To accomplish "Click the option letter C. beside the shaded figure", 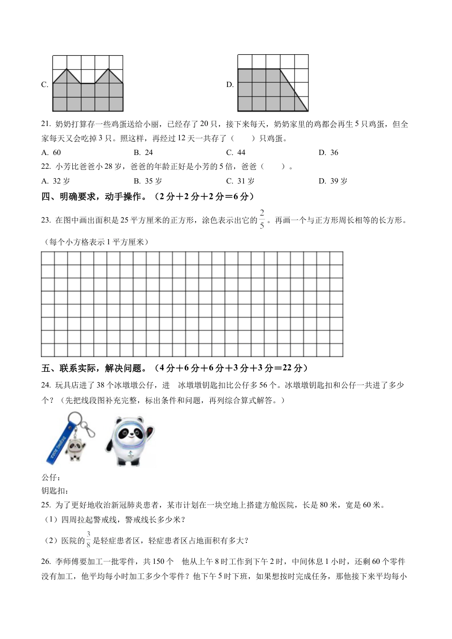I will pos(45,85).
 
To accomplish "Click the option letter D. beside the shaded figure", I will pos(230,85).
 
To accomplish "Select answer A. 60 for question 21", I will pos(51,153).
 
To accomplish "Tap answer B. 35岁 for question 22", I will pos(147,181).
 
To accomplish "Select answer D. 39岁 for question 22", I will pos(333,181).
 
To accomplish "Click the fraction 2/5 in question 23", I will pos(262,219).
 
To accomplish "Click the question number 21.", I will pos(46,125).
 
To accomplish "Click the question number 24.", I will pos(46,385).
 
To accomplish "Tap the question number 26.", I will pos(46,562).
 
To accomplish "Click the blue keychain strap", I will pos(58,442).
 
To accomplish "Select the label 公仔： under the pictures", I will pos(51,478).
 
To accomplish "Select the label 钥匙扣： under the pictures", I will pos(55,491).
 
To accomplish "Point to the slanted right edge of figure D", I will pos(294,90).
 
